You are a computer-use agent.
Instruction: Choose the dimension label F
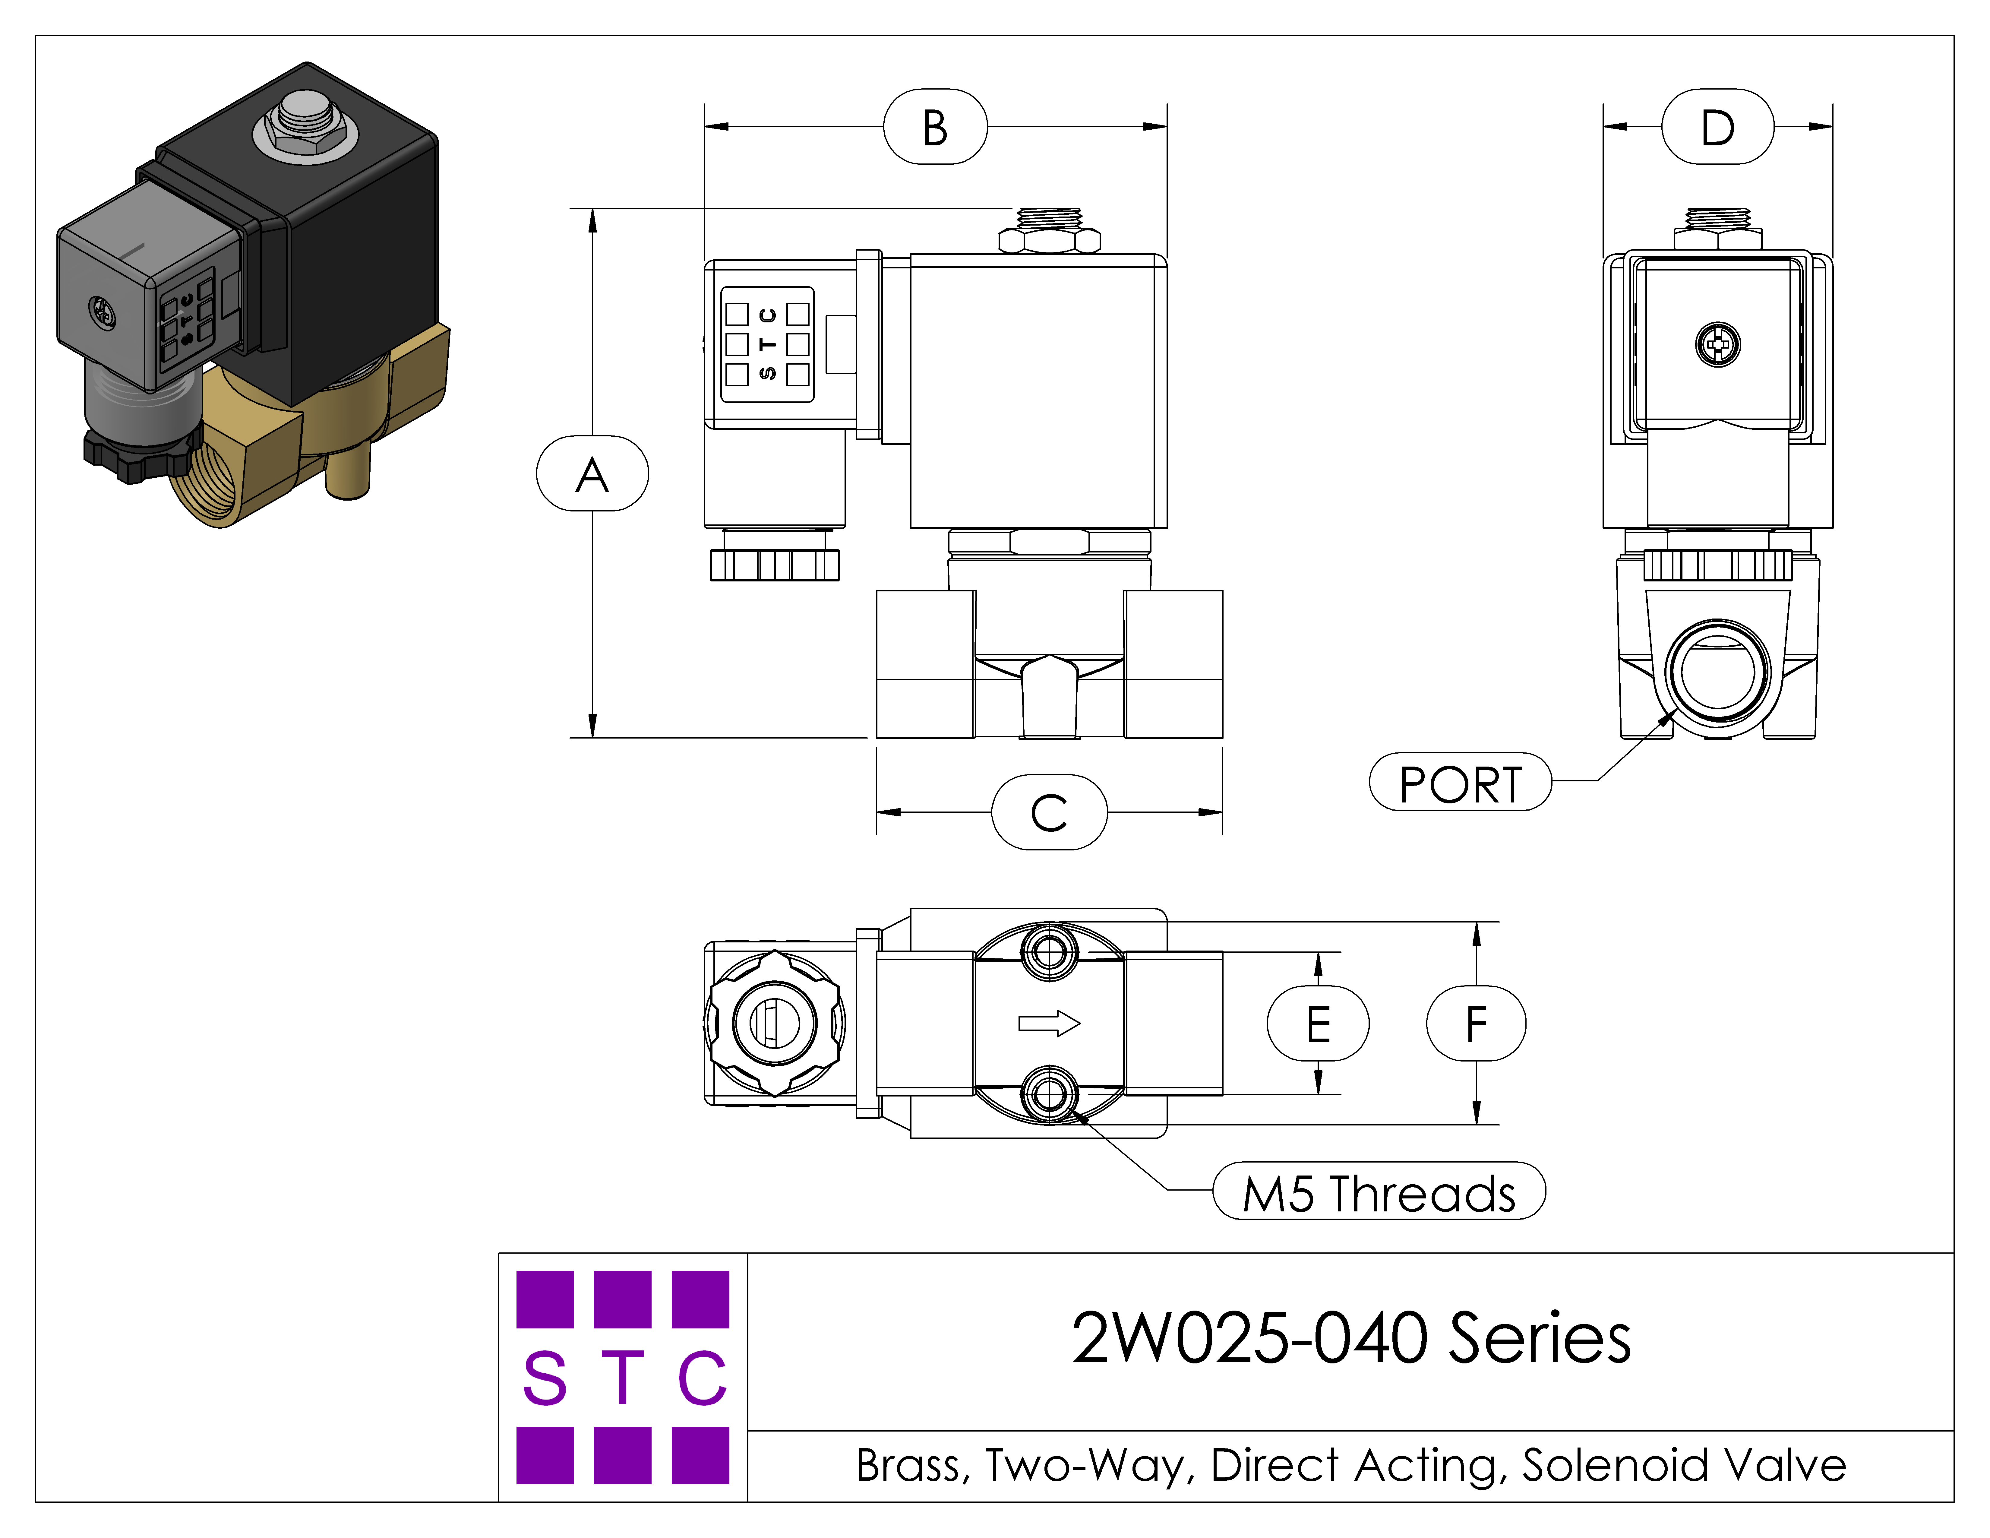[1476, 1023]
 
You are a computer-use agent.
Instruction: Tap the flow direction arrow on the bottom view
[1049, 1023]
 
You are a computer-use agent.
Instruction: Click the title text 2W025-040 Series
[1351, 1337]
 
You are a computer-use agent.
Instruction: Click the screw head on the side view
[1717, 344]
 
